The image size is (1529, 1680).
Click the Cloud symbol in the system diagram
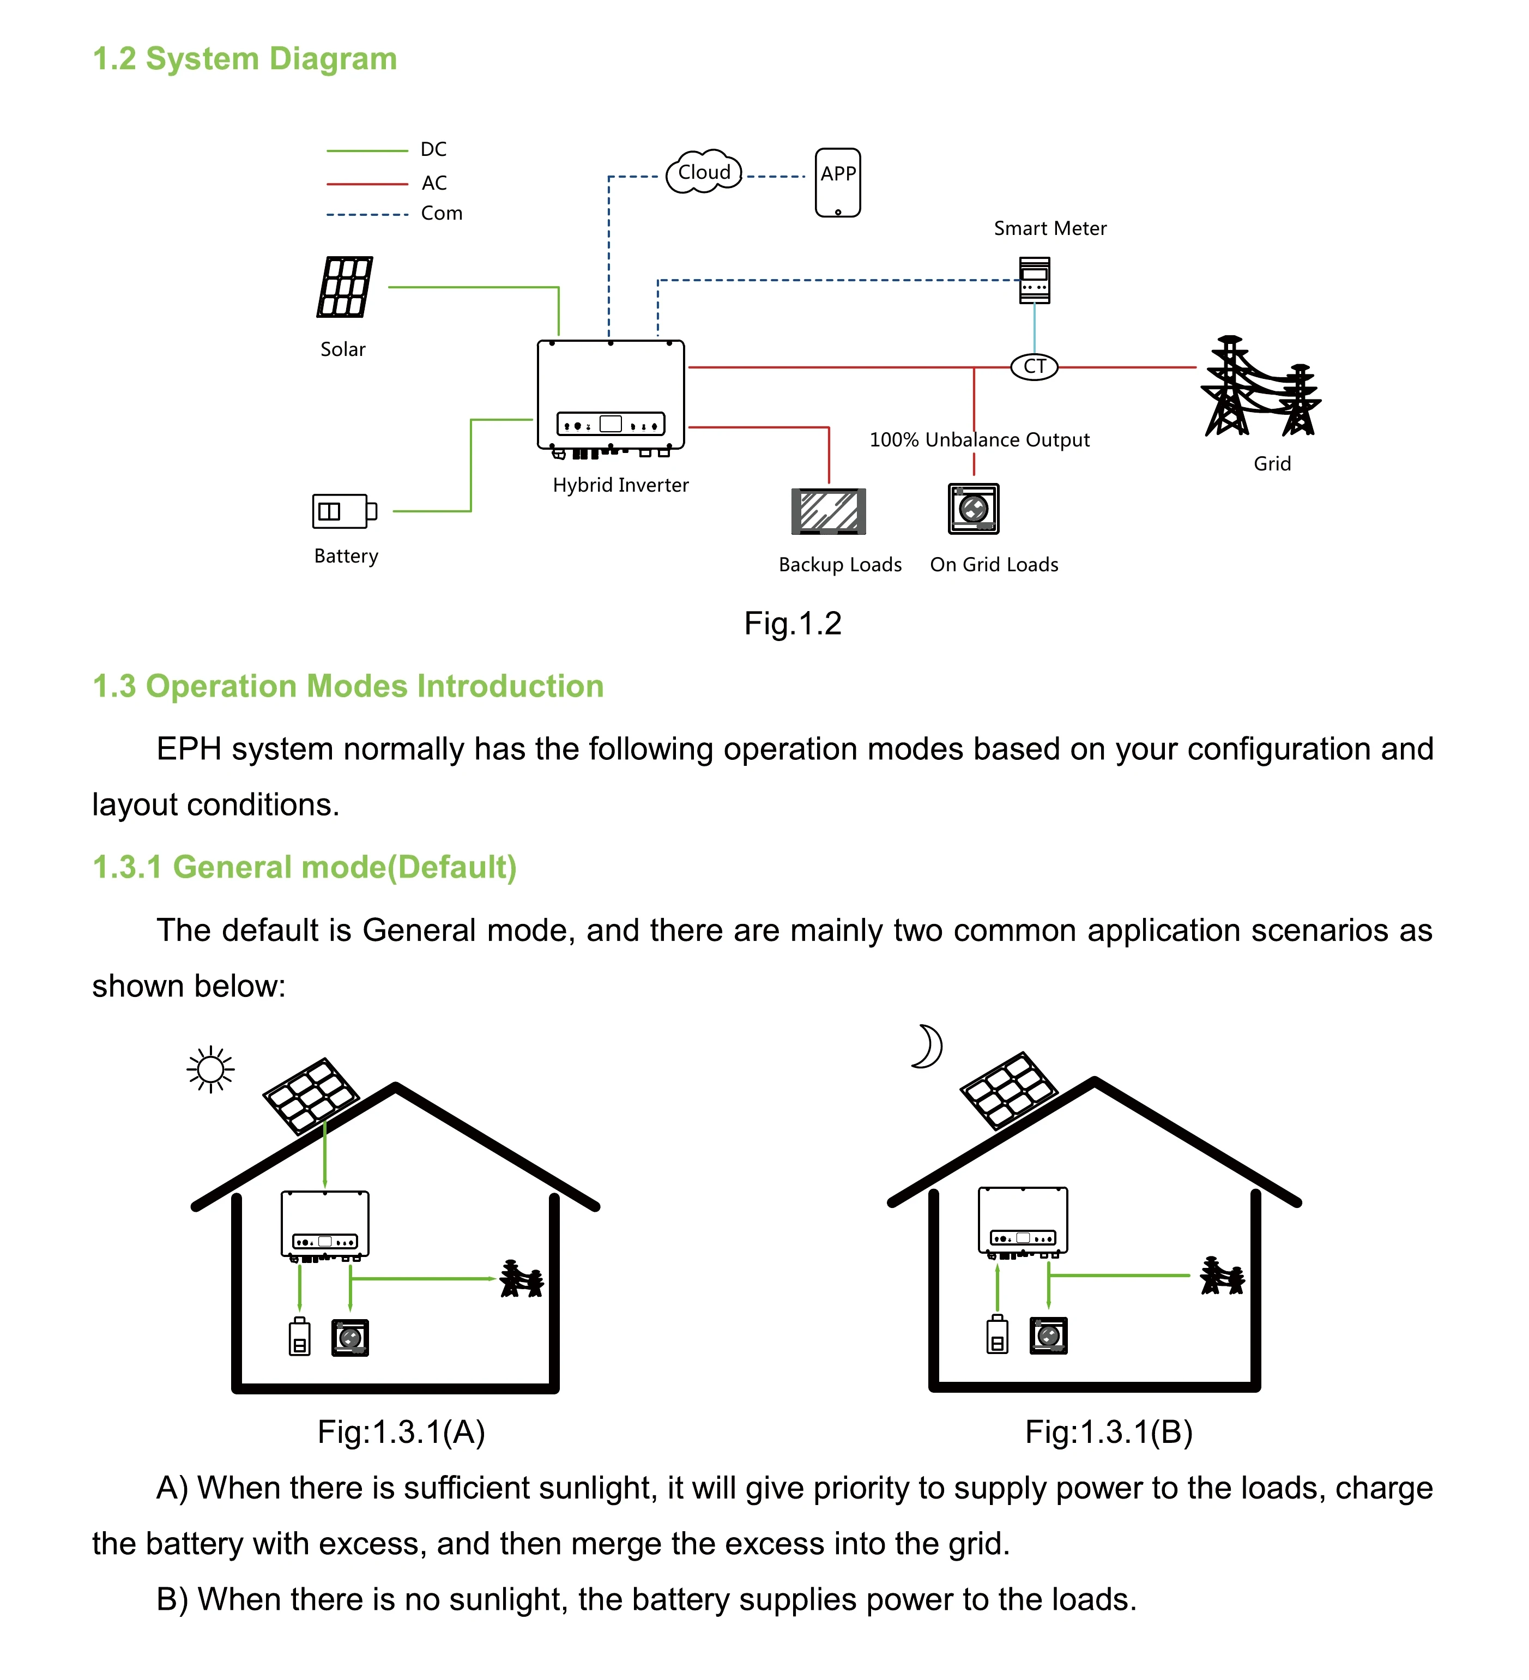pos(704,172)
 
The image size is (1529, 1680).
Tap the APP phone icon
pos(837,183)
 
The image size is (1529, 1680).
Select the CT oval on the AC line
pos(1034,367)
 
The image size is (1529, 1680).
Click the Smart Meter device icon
pos(1035,280)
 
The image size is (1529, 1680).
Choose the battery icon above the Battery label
pos(343,511)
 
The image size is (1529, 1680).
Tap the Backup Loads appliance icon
pos(828,511)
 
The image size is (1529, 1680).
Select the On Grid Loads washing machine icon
pos(973,509)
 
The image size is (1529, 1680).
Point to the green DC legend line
pos(367,151)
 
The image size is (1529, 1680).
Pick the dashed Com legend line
pos(367,215)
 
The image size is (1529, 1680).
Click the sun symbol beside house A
pos(211,1069)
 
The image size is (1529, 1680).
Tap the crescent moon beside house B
pos(927,1047)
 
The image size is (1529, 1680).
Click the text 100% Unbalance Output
pos(979,440)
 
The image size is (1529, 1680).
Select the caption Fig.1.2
pos(793,624)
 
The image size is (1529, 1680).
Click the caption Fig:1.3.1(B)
pos(1108,1431)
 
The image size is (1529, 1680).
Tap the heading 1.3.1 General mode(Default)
pos(304,867)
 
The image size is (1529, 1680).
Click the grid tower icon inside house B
pos(1222,1276)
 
